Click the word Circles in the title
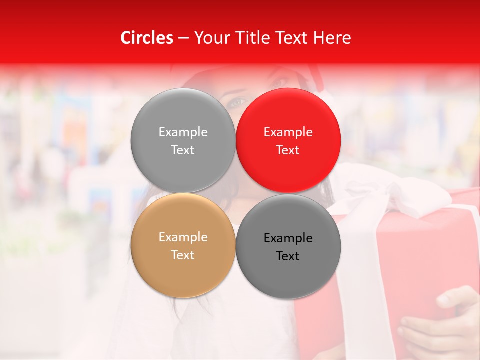click(146, 38)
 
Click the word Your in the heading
click(212, 38)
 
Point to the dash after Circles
click(183, 39)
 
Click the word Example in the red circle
click(288, 132)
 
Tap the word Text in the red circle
click(288, 150)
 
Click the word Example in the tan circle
click(183, 237)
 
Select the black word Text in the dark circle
click(288, 256)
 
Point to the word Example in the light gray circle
click(183, 132)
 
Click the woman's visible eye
click(237, 102)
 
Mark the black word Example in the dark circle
click(288, 238)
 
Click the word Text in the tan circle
click(183, 255)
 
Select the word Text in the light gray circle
click(183, 150)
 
